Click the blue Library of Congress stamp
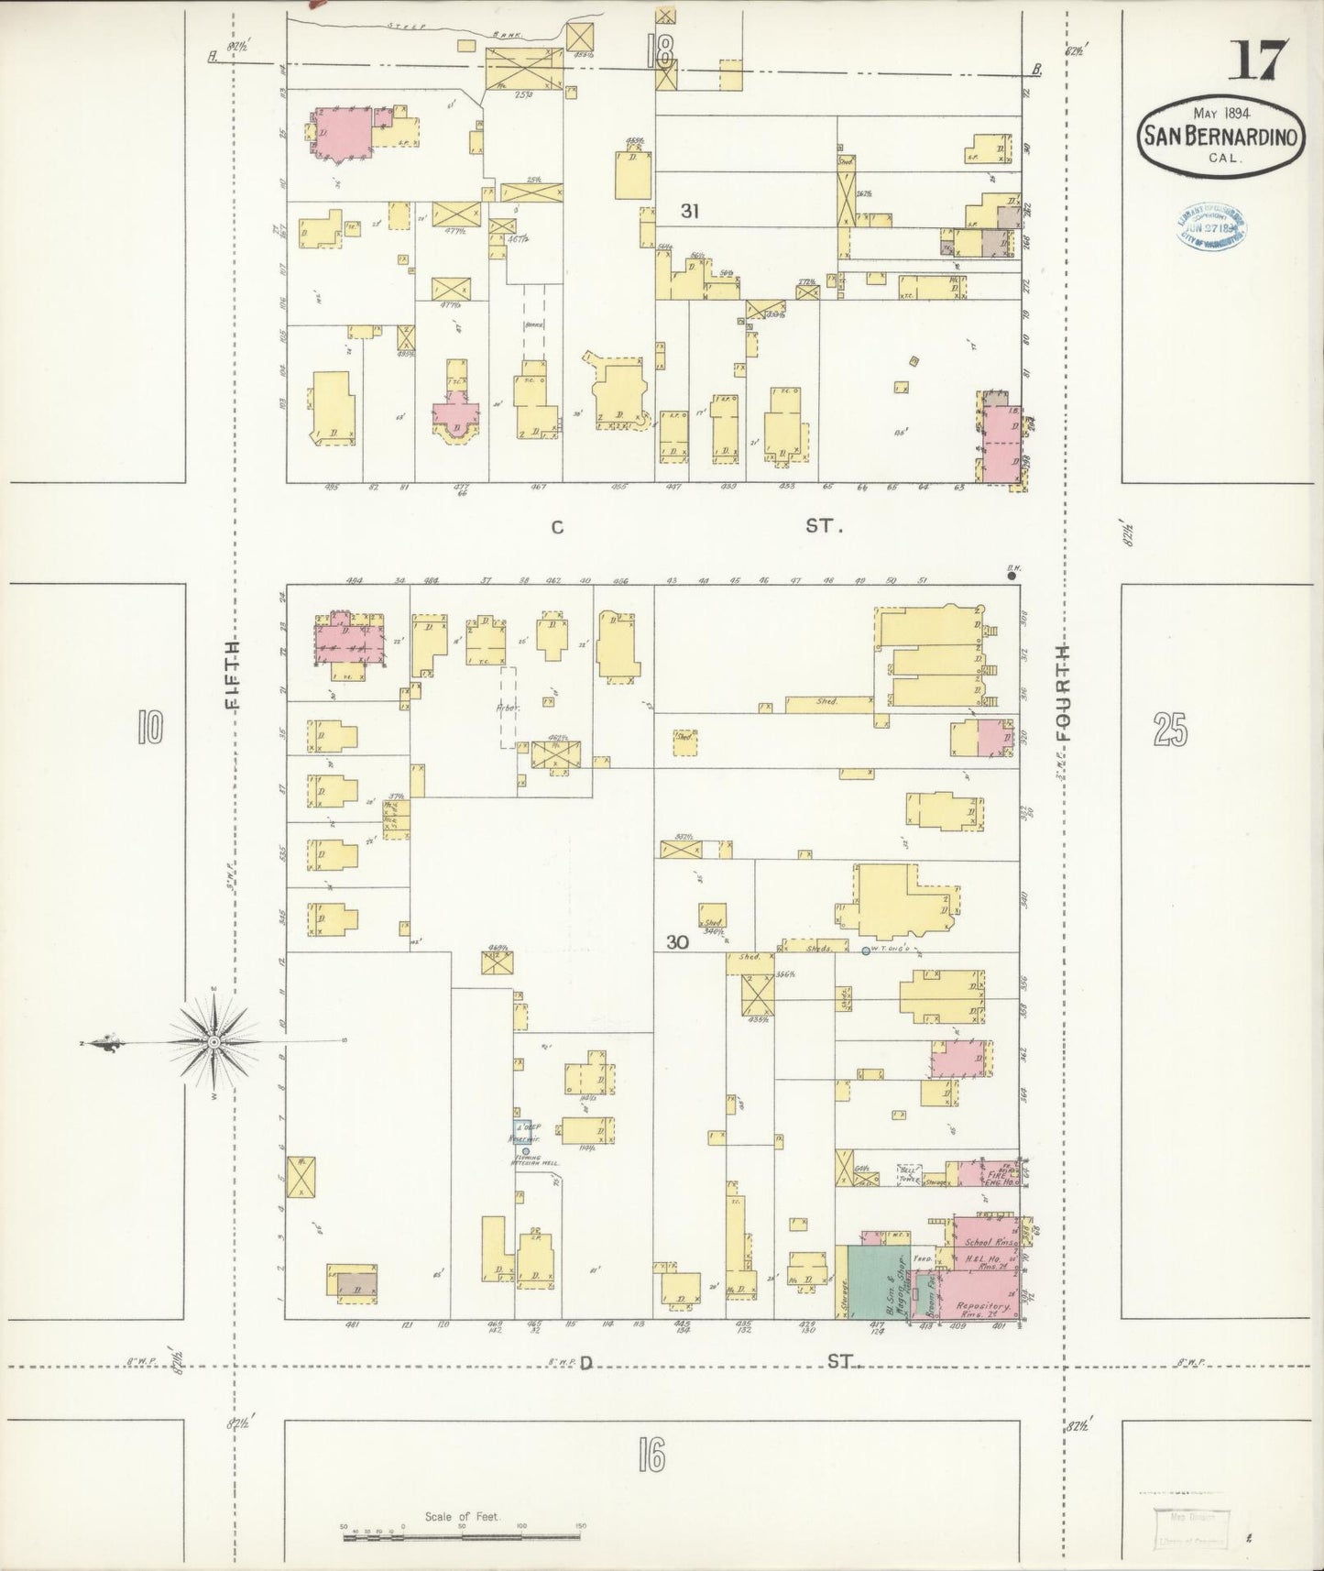(x=1209, y=223)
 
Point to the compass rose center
(x=213, y=1042)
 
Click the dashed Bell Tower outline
(x=909, y=1176)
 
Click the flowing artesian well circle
(x=526, y=1151)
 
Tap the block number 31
(x=691, y=211)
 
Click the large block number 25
(x=1171, y=731)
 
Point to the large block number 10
(x=149, y=729)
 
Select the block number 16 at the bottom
(x=651, y=1455)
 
